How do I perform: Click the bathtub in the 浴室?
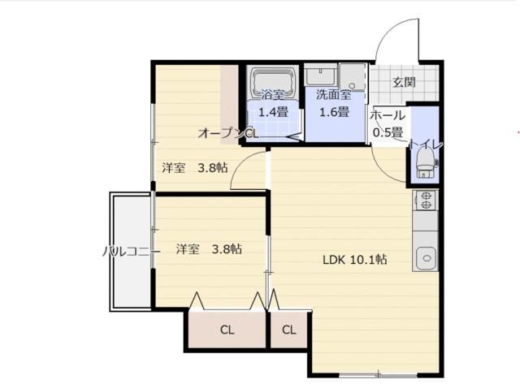click(273, 83)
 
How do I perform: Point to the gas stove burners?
click(426, 200)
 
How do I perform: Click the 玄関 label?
click(404, 82)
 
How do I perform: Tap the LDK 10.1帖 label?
click(354, 260)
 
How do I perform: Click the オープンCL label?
click(228, 133)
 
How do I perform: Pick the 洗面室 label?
click(333, 95)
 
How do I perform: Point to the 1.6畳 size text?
click(334, 112)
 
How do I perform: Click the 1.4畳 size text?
click(273, 112)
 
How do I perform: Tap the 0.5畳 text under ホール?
click(388, 132)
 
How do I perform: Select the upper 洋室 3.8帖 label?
click(195, 168)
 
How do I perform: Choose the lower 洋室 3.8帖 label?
click(209, 249)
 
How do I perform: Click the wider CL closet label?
click(227, 330)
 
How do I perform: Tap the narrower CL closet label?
click(289, 330)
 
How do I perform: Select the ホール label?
click(388, 115)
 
